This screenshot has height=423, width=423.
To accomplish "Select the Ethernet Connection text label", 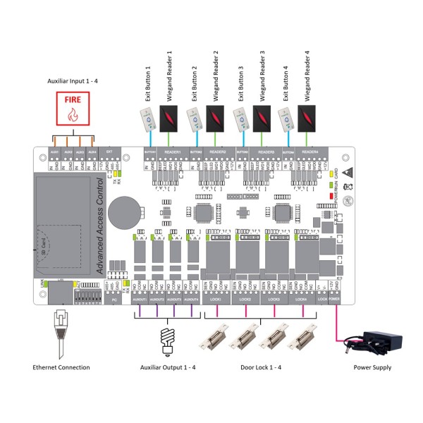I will pos(61,367).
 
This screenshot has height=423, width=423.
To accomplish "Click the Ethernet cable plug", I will pos(59,327).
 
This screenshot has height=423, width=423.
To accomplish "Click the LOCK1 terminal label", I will pos(216,300).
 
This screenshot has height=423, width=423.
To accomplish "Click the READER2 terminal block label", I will pos(219,152).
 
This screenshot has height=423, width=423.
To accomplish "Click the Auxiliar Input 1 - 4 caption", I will pos(73,82).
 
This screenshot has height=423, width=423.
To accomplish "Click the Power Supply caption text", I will pos(373,367).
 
